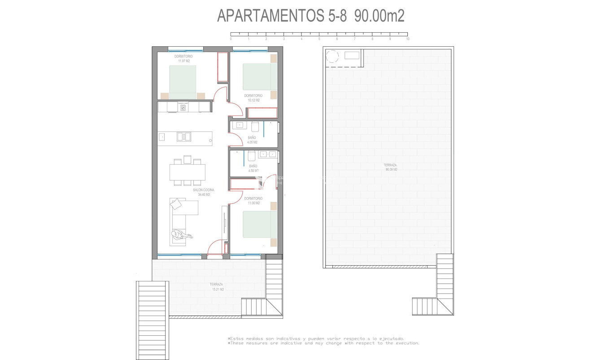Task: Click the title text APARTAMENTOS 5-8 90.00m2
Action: pyautogui.click(x=310, y=16)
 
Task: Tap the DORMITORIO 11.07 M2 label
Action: pyautogui.click(x=184, y=58)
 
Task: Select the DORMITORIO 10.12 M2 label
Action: pyautogui.click(x=253, y=98)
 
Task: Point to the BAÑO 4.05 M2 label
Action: pyautogui.click(x=252, y=140)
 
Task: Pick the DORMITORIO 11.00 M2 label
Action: pyautogui.click(x=253, y=201)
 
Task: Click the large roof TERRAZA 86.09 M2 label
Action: pyautogui.click(x=390, y=167)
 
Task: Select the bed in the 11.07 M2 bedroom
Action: pyautogui.click(x=183, y=80)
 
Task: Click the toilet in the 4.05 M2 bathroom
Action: pyautogui.click(x=255, y=126)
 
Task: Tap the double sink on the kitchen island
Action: pyautogui.click(x=183, y=136)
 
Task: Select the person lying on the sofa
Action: pyautogui.click(x=181, y=234)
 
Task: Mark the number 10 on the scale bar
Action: pyautogui.click(x=407, y=39)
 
